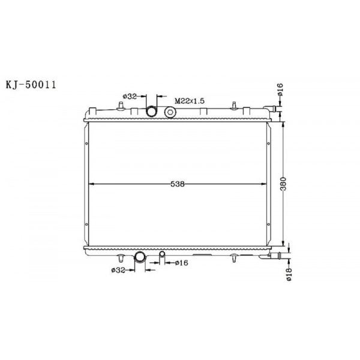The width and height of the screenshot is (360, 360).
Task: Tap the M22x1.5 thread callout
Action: coord(190,101)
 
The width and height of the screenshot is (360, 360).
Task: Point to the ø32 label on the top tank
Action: coord(131,96)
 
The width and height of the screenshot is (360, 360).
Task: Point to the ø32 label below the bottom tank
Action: coord(118,270)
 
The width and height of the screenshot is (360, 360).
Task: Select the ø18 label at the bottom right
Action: coord(288,275)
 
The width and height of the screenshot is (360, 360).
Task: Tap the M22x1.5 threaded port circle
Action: coord(170,112)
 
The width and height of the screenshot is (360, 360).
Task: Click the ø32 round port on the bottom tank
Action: coord(140,257)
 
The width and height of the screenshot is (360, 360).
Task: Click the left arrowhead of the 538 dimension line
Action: coord(91,184)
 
